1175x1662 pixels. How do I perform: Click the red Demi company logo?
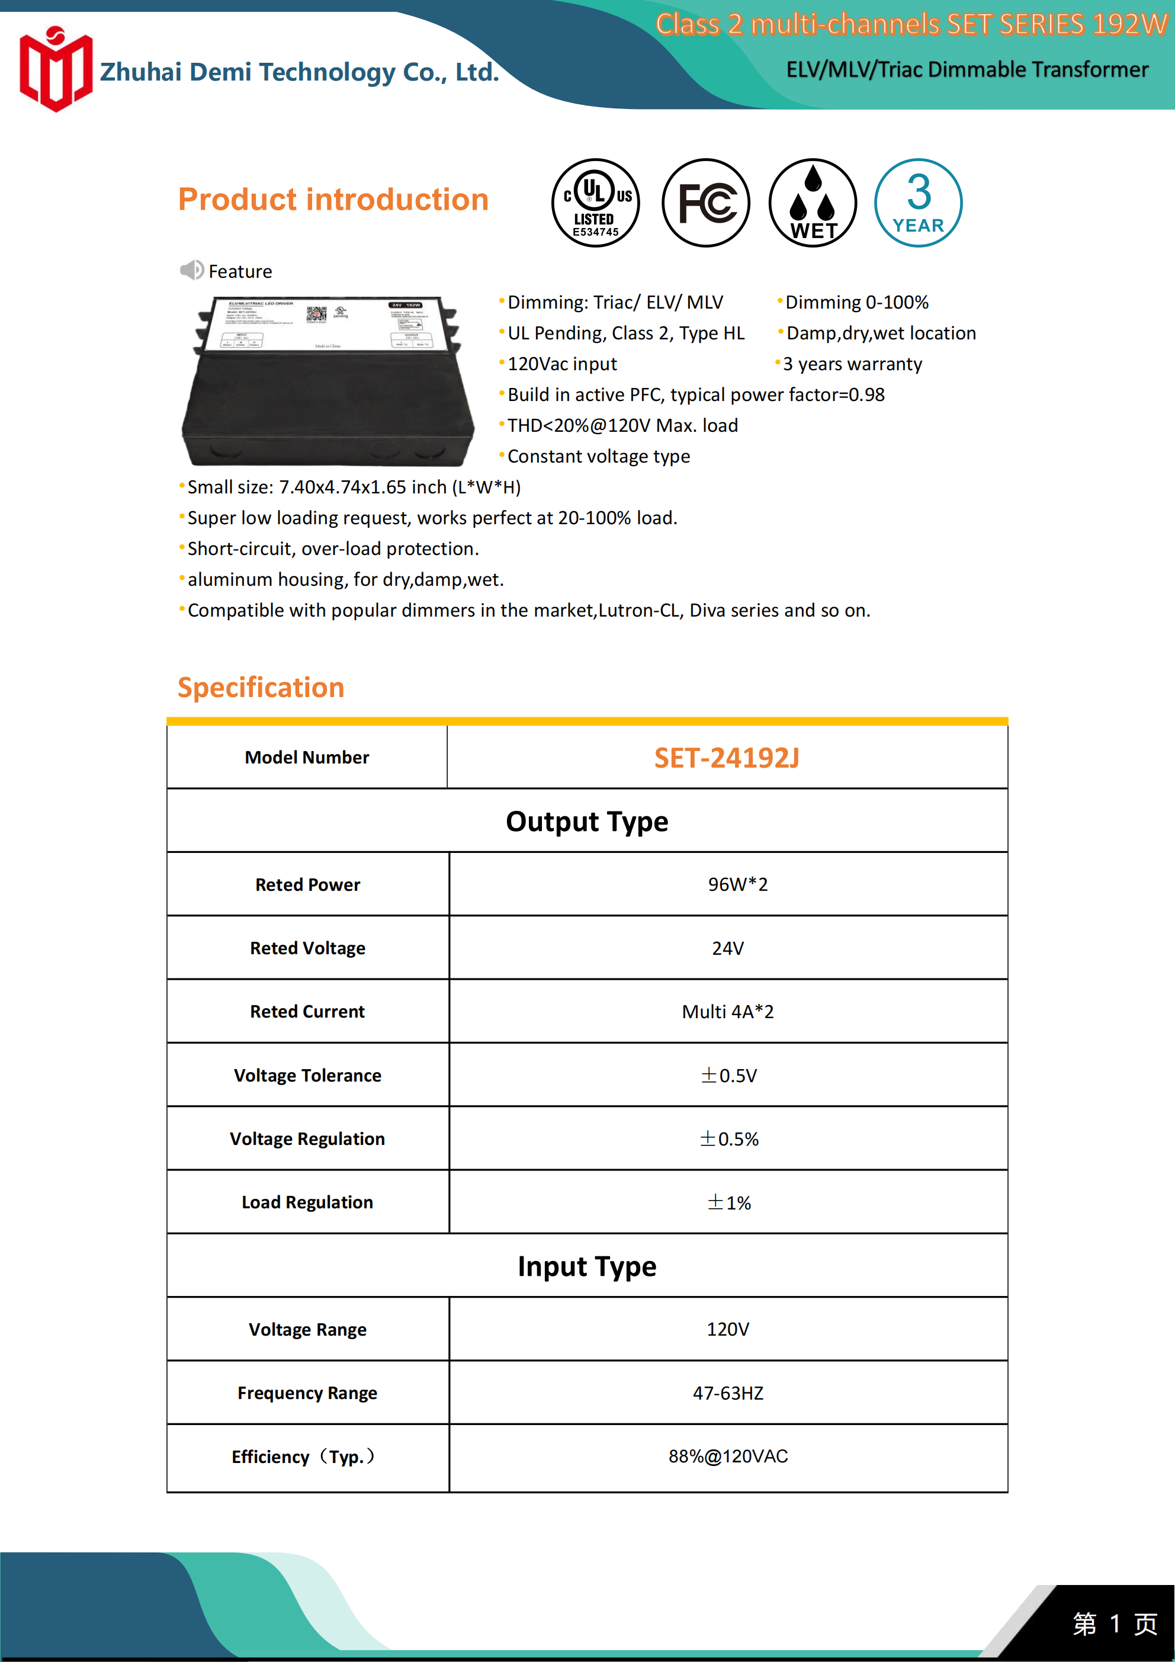[x=56, y=69]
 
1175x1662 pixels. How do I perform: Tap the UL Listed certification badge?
[x=595, y=203]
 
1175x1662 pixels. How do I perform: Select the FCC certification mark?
[x=705, y=203]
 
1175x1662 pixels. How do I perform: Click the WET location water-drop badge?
[x=813, y=203]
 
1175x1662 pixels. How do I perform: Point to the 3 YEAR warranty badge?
[x=918, y=203]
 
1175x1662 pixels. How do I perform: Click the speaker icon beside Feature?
[x=192, y=271]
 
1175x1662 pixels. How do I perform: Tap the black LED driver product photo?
[x=328, y=381]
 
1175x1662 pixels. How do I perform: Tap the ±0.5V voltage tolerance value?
[x=728, y=1076]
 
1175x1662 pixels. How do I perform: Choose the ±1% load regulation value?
[x=728, y=1203]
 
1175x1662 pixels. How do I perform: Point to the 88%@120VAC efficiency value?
[x=728, y=1456]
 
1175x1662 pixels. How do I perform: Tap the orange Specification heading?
[x=261, y=688]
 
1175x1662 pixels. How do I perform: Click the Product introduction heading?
[x=333, y=200]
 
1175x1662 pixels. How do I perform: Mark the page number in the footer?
[x=1115, y=1624]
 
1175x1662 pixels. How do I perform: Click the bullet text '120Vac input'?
[x=562, y=364]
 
